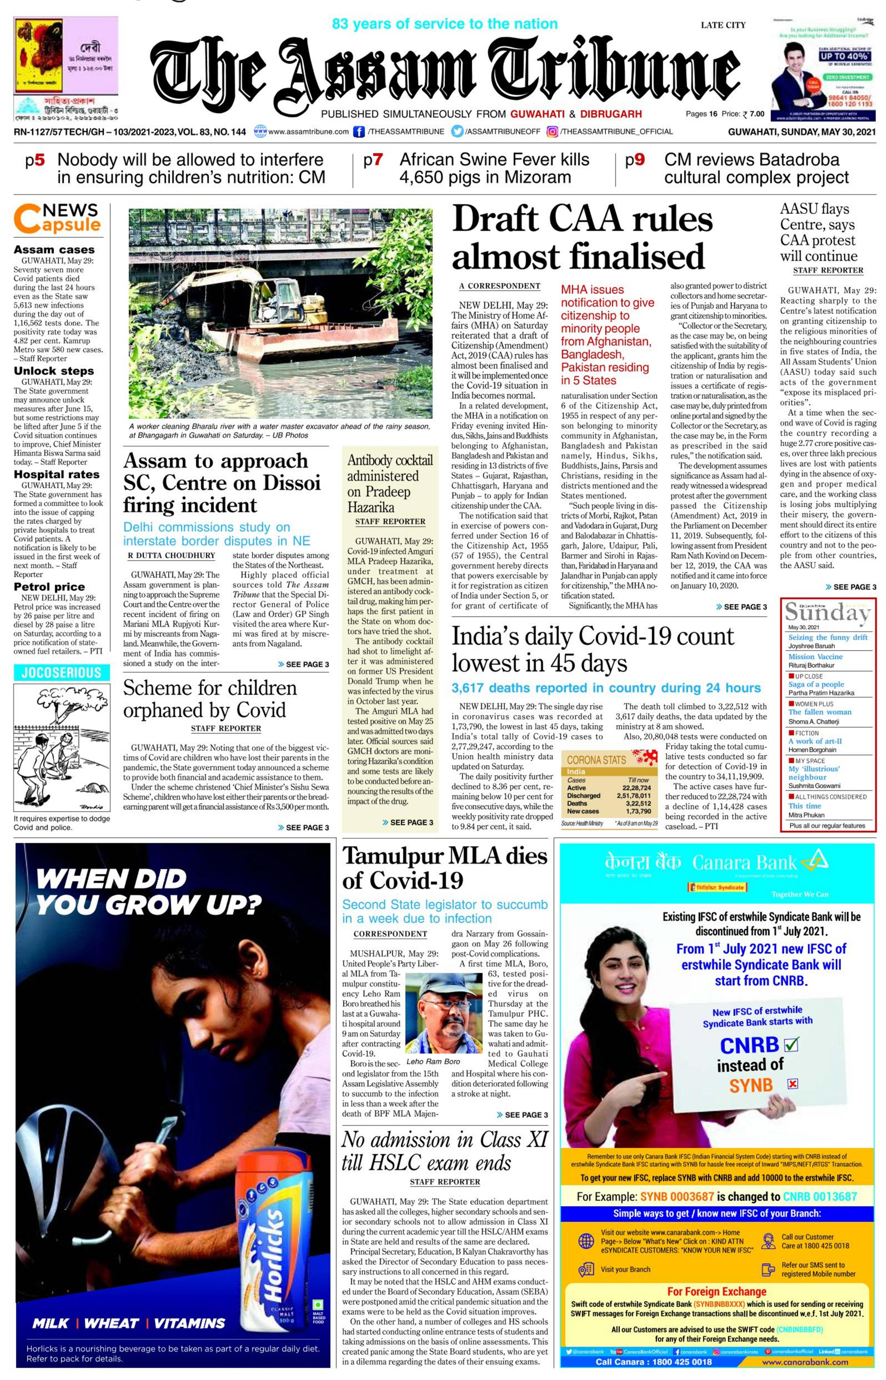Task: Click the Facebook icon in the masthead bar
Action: pos(359,132)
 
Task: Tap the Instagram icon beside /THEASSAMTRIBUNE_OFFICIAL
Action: pos(552,132)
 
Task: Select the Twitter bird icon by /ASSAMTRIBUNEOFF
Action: pos(457,132)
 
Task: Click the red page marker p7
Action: pos(373,160)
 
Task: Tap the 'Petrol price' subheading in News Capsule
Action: pos(49,587)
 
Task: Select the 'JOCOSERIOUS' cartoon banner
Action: pos(62,673)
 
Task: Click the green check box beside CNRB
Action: pos(792,1044)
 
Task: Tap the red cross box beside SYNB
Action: pos(792,1084)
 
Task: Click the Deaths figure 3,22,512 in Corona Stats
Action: pos(638,803)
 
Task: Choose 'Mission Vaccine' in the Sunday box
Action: pos(815,657)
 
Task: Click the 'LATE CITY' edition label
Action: pos(723,25)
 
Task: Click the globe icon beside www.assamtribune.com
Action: pos(260,132)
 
